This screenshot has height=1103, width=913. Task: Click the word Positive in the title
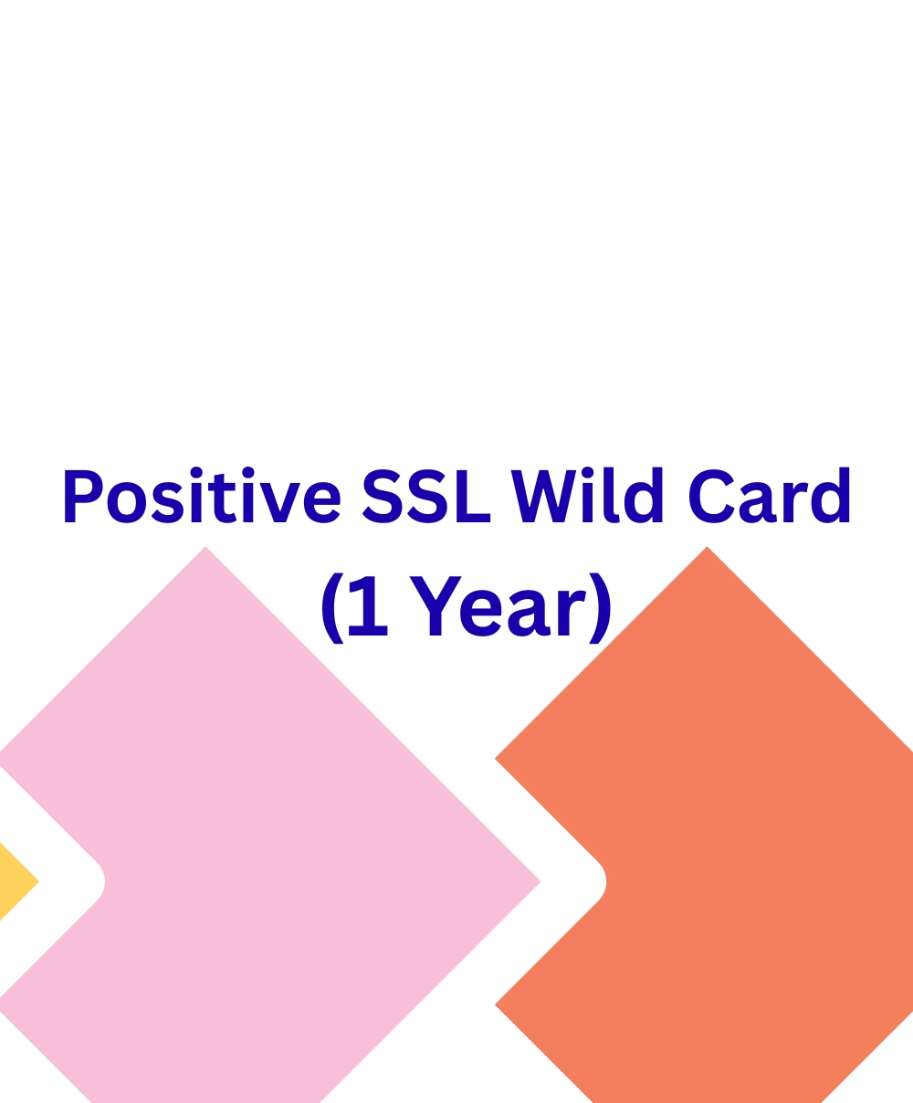point(201,496)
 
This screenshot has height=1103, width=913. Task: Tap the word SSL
point(425,496)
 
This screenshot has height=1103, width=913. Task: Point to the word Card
point(770,496)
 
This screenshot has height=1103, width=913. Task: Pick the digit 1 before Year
point(368,606)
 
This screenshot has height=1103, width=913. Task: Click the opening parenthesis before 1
point(332,607)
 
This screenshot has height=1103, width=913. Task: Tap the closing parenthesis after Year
point(600,607)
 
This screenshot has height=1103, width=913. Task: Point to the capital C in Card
point(711,496)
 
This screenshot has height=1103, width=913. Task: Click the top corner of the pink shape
point(205,547)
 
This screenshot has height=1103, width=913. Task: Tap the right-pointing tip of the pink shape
point(539,881)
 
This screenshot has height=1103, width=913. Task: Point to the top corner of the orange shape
point(707,547)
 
